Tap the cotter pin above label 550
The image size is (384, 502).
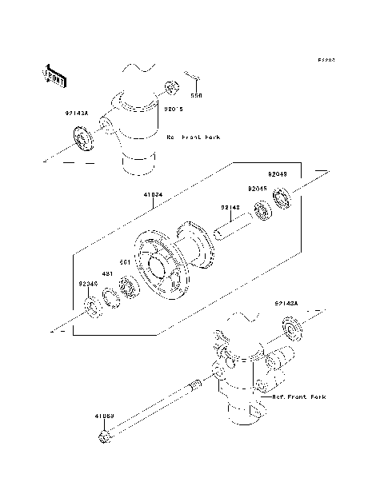(194, 77)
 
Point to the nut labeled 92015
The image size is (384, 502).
(171, 86)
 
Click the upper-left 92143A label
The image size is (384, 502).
(78, 113)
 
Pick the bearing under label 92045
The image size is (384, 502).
(260, 213)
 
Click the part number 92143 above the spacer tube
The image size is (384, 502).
(230, 208)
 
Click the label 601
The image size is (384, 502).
(125, 262)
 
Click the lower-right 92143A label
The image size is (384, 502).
(286, 304)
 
